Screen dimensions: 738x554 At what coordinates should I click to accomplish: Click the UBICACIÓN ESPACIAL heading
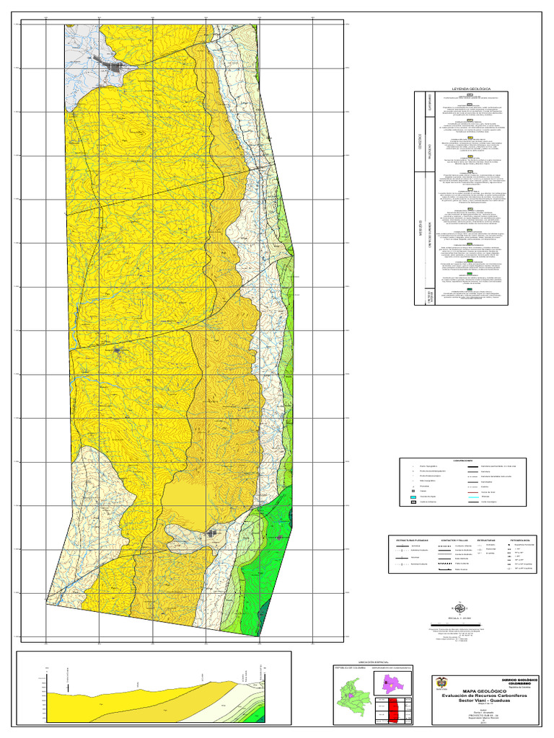pos(372,661)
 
